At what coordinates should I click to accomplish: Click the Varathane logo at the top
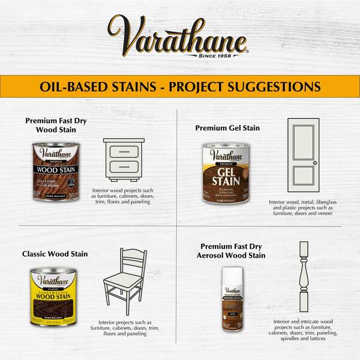point(177,36)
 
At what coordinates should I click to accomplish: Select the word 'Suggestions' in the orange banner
point(281,86)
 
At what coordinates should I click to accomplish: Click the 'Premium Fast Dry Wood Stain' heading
point(56,125)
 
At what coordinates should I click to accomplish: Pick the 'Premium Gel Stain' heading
point(227,128)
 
